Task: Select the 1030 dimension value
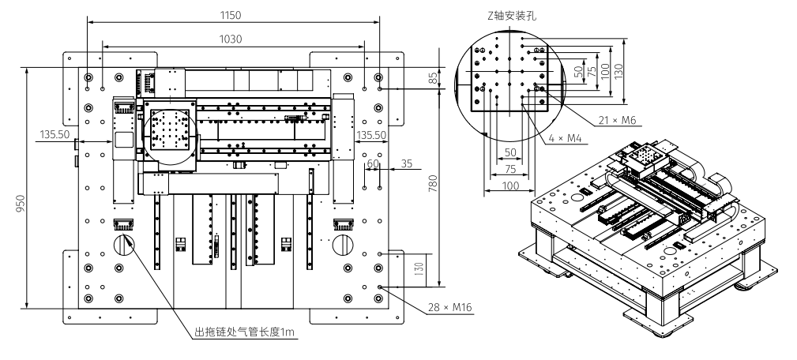point(231,39)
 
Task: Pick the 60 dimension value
point(373,163)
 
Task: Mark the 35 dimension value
point(407,163)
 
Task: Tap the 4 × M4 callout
point(566,138)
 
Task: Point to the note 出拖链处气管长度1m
point(245,333)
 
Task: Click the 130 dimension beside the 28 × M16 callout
point(419,269)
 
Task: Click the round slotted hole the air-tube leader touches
point(125,243)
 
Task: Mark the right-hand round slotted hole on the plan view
point(344,243)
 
